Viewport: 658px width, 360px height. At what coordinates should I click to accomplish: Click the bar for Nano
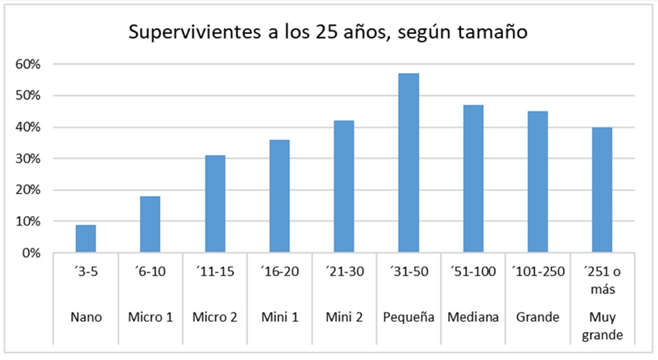(86, 239)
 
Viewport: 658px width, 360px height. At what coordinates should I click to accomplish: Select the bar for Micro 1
(150, 225)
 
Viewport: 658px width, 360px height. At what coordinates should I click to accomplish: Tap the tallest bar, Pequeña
(409, 163)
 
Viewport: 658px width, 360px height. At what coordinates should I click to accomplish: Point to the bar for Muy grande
(602, 190)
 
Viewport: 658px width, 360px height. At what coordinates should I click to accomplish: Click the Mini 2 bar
(344, 187)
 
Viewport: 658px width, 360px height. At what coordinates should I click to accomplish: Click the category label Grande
(538, 317)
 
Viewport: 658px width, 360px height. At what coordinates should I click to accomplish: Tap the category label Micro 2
(215, 317)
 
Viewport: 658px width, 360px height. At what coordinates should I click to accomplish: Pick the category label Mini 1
(279, 317)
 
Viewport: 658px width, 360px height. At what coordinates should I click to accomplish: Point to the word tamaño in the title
(492, 32)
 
